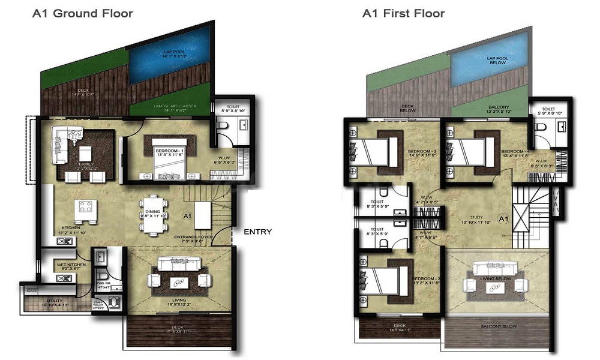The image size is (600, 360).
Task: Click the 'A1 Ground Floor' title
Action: [x=83, y=13]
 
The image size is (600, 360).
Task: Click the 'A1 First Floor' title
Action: [x=403, y=13]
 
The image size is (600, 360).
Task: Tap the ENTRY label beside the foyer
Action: [x=257, y=232]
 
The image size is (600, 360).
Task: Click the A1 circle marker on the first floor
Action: [x=503, y=220]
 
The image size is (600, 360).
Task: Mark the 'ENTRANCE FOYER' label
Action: [x=194, y=238]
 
